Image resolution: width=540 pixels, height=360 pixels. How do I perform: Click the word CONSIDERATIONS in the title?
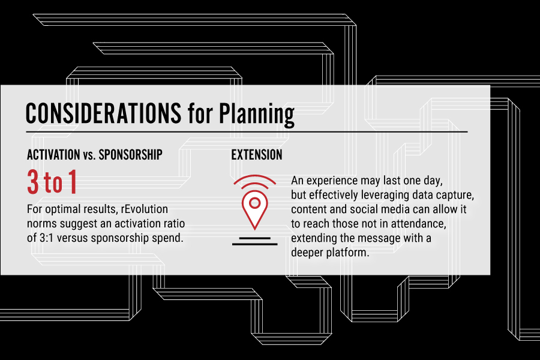(103, 113)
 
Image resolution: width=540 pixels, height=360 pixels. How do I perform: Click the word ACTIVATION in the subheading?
(53, 155)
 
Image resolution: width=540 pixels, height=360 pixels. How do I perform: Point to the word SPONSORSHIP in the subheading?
(131, 155)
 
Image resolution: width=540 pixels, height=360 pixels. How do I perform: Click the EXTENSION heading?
(257, 155)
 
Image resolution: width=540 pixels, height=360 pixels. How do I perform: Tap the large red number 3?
(33, 182)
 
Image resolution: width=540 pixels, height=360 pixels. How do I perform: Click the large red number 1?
(73, 182)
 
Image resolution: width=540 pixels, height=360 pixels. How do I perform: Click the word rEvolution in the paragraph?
(145, 209)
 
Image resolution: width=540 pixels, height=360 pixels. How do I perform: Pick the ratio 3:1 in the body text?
(46, 238)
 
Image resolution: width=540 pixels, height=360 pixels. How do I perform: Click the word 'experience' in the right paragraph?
(332, 181)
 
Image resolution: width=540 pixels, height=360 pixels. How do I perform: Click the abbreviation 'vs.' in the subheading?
(89, 156)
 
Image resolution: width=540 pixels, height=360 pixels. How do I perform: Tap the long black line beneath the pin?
(255, 244)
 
